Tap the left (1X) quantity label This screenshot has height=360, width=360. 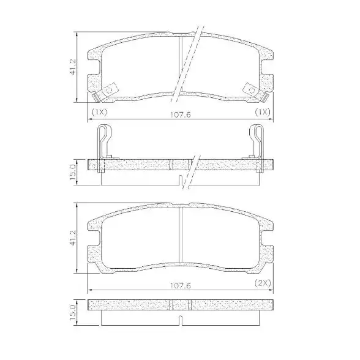click(x=99, y=113)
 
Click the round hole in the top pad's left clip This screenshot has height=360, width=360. click(x=110, y=89)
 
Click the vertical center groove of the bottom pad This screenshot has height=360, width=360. click(x=181, y=236)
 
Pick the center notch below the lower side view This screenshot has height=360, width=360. click(x=181, y=320)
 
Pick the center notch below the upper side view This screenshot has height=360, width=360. click(x=179, y=180)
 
